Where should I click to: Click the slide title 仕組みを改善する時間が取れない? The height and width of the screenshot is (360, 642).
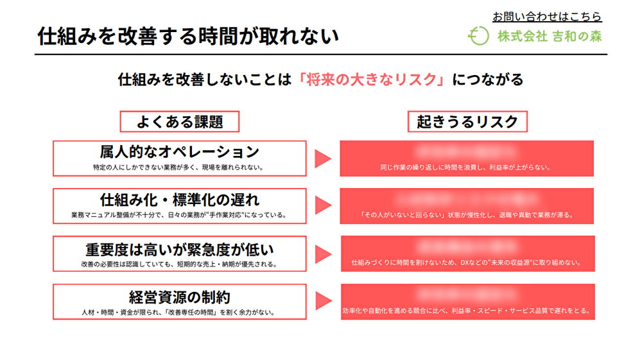tap(187, 36)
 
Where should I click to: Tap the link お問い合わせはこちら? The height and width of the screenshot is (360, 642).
tap(547, 17)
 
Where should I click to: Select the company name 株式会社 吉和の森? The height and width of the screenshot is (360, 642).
tap(550, 37)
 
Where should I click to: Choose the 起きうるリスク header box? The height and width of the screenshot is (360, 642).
tap(467, 121)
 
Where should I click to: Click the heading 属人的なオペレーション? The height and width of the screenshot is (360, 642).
tap(179, 152)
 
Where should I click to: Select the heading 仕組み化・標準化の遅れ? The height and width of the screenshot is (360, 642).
tap(179, 199)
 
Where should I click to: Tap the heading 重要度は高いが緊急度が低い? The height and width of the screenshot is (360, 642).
tap(179, 248)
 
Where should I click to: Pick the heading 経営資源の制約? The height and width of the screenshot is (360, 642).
tap(179, 296)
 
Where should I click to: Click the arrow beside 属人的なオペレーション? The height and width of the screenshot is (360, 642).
tap(322, 159)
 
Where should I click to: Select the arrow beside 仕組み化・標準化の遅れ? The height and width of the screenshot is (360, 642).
tap(322, 205)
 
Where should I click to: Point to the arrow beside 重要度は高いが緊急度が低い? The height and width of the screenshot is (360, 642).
tap(322, 253)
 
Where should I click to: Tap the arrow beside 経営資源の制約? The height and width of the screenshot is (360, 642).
tap(322, 301)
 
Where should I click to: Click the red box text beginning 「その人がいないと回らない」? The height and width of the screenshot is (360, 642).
tap(466, 215)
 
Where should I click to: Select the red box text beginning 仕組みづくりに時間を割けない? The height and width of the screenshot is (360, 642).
tap(466, 262)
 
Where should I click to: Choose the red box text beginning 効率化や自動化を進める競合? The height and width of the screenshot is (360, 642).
tap(466, 311)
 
